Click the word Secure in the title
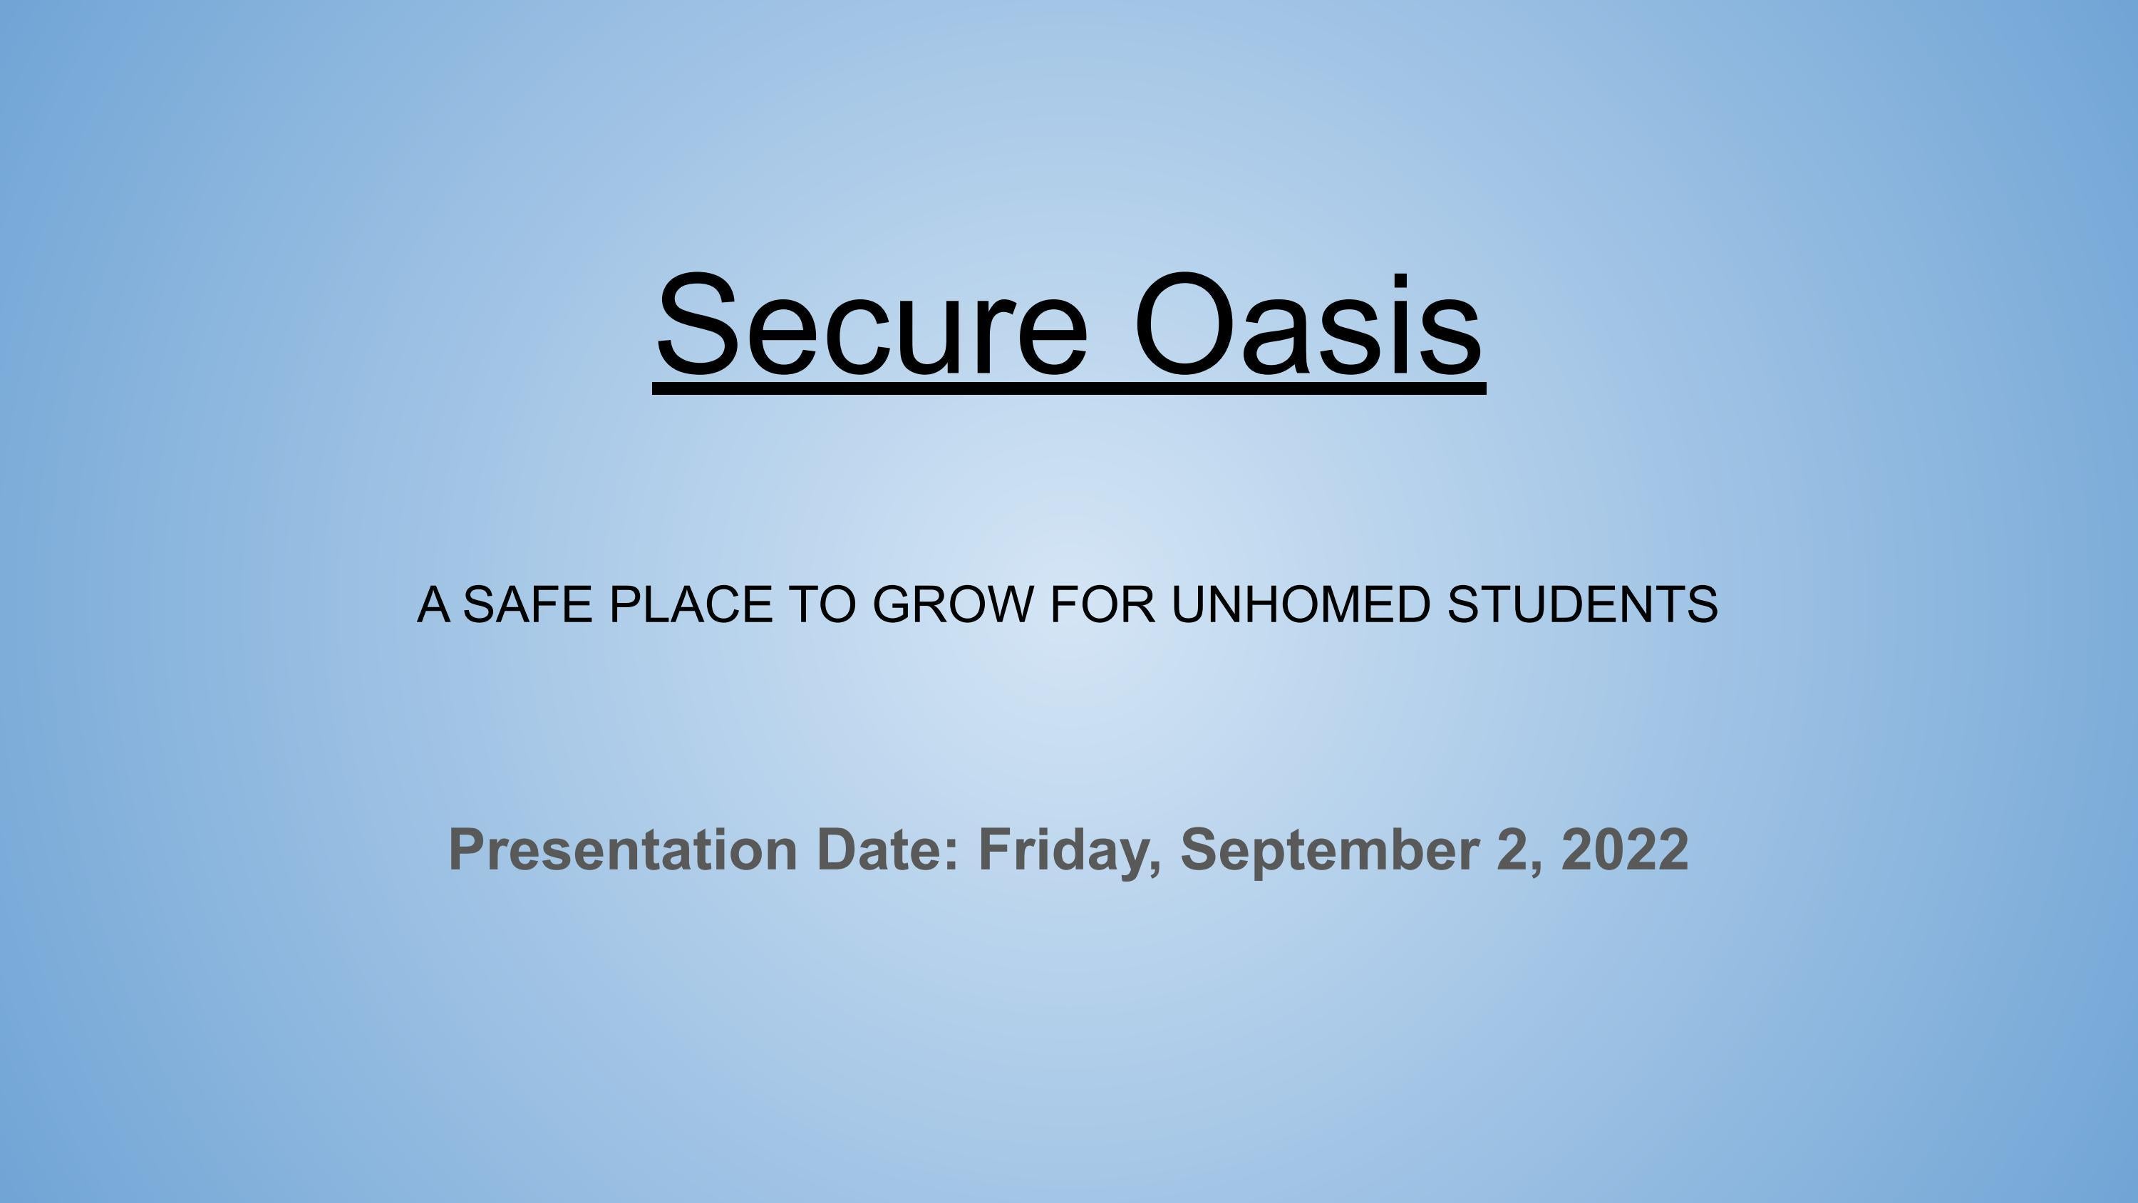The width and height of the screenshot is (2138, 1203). point(872,326)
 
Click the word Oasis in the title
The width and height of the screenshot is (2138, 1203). point(1307,326)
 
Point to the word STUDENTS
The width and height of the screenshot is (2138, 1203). point(1582,604)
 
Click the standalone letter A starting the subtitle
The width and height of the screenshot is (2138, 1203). point(433,604)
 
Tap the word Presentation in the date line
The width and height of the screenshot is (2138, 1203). point(622,850)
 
